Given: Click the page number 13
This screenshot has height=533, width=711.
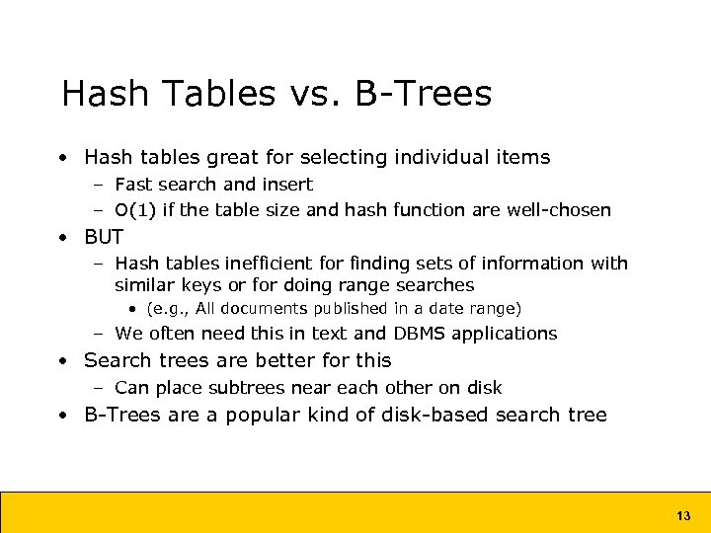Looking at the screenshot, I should point(683,515).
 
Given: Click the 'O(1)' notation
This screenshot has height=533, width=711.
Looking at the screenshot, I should point(136,210).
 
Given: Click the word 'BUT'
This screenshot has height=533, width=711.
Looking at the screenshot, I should point(104,237).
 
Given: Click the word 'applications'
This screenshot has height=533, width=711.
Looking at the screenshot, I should point(509,335).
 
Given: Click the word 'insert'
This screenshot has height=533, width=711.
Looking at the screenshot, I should point(290,185).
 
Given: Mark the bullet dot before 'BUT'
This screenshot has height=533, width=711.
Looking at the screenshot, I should point(62,238).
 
